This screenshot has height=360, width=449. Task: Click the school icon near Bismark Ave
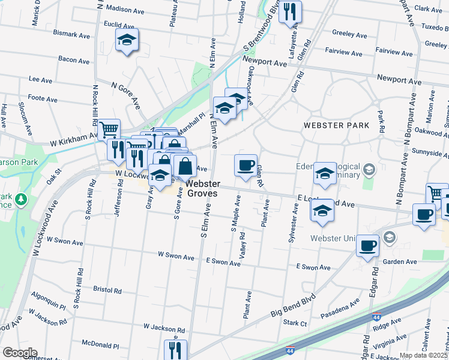click(x=127, y=41)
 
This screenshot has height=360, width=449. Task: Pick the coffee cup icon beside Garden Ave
click(x=367, y=245)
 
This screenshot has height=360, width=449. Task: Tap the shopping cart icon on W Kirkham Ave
click(x=109, y=129)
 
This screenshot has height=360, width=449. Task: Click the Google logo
click(x=20, y=353)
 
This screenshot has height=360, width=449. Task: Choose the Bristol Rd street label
click(x=107, y=290)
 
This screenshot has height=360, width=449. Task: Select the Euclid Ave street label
click(x=119, y=25)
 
